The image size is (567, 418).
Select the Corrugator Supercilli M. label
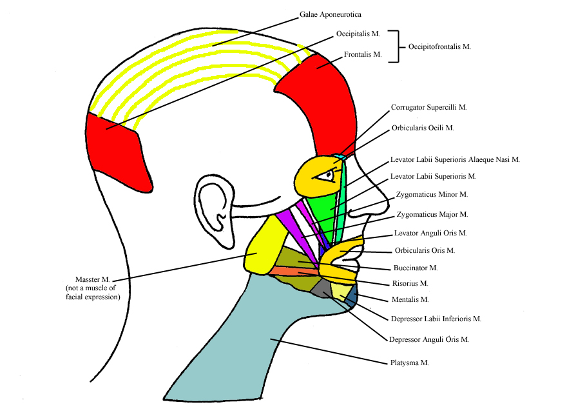click(428, 108)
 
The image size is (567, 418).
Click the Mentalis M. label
click(410, 299)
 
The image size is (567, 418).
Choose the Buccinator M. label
click(416, 267)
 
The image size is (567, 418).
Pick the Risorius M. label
click(410, 283)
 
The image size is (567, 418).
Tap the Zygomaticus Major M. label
click(432, 214)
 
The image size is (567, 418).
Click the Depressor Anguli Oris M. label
click(428, 339)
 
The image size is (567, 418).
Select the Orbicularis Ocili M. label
click(423, 128)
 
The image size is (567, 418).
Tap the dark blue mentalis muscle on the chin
click(352, 295)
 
